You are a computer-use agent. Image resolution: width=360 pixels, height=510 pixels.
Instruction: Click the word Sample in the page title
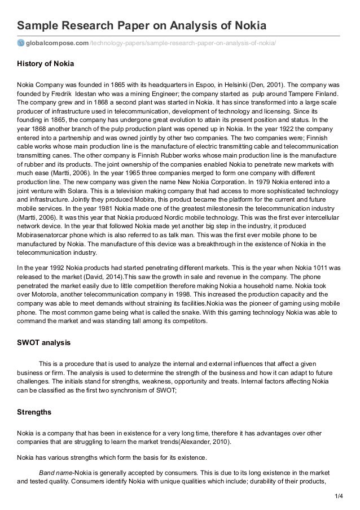click(39, 26)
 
